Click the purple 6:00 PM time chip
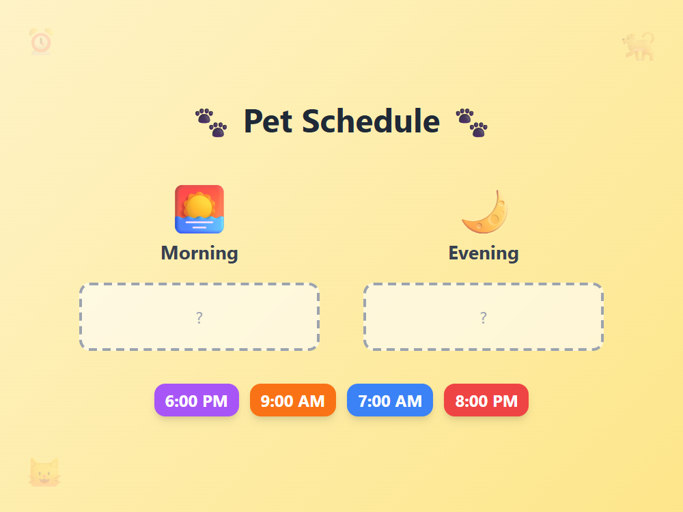(197, 400)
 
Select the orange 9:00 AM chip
(292, 400)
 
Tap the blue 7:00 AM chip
(389, 400)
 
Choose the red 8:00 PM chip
(486, 400)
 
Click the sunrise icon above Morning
(199, 209)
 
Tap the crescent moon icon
(484, 211)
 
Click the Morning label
(199, 253)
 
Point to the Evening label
(484, 253)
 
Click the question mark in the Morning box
(199, 317)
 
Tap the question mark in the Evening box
(484, 317)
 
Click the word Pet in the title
(268, 122)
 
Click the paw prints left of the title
(211, 122)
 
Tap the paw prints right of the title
(472, 122)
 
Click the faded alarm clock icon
(40, 42)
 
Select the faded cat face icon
(44, 472)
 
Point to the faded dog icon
(639, 46)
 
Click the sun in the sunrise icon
(199, 205)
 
